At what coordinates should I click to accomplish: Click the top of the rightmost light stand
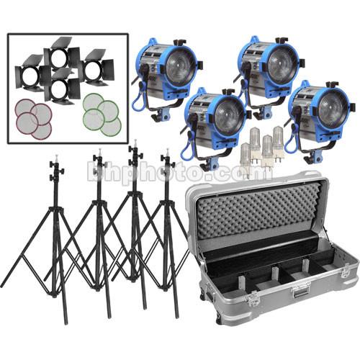[x=166, y=156]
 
